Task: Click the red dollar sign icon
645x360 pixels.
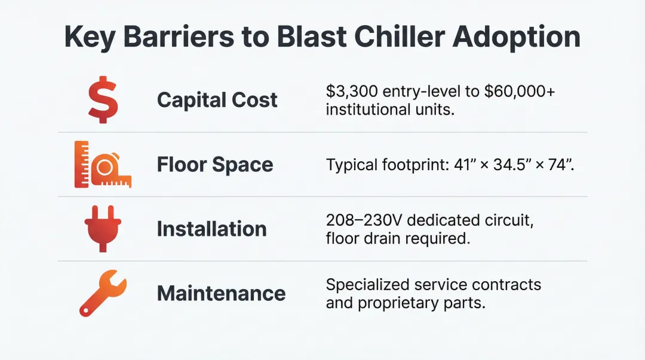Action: (103, 100)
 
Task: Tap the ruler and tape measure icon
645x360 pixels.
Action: (103, 165)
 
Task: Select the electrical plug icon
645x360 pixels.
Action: (103, 229)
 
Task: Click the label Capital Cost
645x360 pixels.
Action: (217, 100)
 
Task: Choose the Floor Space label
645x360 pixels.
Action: (215, 165)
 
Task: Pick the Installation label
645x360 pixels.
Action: (211, 229)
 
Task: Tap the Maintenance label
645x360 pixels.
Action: (221, 293)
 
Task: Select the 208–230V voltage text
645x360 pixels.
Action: (361, 220)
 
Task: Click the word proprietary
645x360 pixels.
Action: (395, 303)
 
